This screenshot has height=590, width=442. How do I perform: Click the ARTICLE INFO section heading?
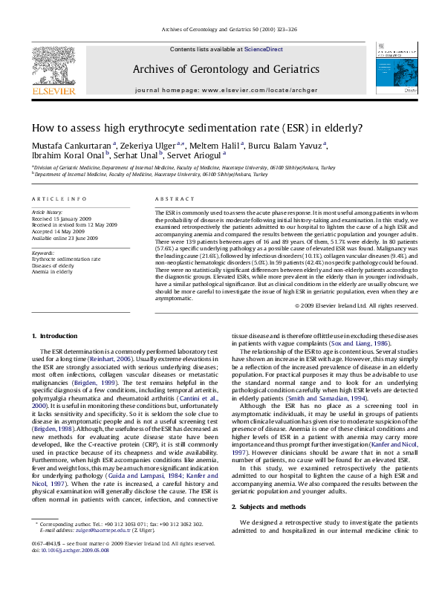pyautogui.click(x=54, y=200)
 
